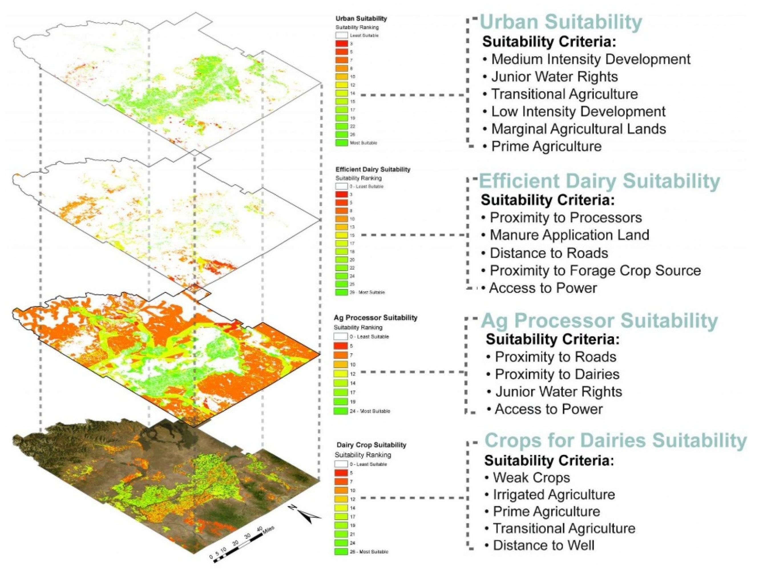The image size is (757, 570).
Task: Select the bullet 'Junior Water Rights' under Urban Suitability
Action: (554, 77)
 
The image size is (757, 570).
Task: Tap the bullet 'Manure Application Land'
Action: (569, 235)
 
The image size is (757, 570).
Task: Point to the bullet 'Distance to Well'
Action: (543, 545)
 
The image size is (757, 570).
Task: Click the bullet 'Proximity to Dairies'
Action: (557, 374)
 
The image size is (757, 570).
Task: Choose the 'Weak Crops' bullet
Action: (531, 478)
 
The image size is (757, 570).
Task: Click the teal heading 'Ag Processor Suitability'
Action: (599, 321)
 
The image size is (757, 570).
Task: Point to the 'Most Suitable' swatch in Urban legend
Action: (341, 143)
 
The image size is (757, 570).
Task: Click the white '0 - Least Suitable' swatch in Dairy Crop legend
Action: (341, 464)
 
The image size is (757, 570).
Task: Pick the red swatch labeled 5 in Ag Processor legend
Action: (340, 346)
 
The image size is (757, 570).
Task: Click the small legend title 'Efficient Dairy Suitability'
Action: (373, 169)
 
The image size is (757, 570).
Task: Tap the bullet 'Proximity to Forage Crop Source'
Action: (595, 271)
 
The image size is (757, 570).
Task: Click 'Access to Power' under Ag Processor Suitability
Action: (548, 409)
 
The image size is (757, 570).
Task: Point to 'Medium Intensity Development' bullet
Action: (590, 59)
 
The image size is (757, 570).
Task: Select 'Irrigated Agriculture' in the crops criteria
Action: (553, 494)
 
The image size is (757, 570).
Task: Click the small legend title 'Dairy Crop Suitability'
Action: (371, 445)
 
